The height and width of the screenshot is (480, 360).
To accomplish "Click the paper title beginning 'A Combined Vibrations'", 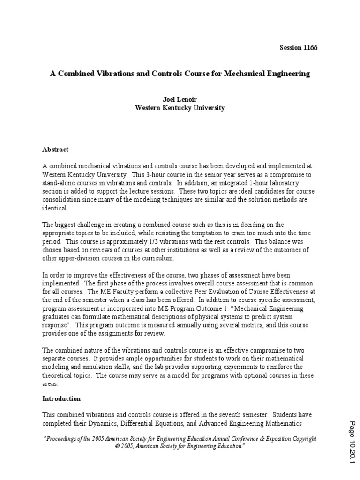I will coord(180,74).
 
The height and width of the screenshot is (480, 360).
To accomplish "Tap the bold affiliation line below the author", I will coord(180,108).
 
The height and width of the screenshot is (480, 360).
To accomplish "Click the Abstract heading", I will coord(55,150).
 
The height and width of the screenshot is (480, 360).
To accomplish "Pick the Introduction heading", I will coord(61,398).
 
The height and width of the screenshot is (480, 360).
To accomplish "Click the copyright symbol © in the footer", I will coord(116,447).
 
